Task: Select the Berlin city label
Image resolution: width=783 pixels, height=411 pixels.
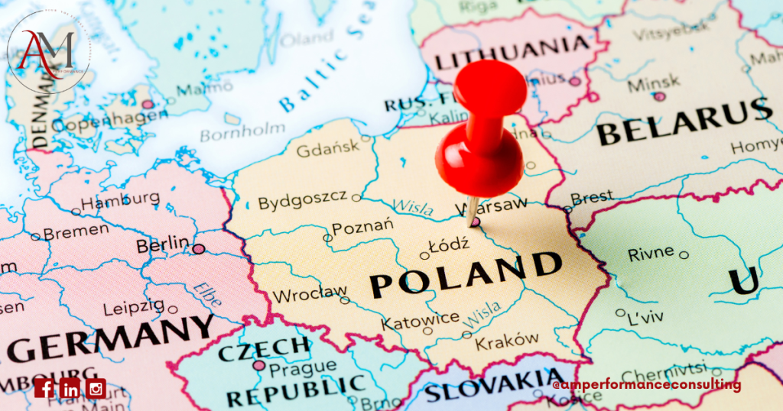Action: click(x=162, y=246)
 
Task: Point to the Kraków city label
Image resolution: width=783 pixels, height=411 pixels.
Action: click(x=507, y=341)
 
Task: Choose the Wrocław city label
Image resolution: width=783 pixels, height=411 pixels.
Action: click(x=310, y=293)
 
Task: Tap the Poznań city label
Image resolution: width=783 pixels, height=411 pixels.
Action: click(x=363, y=227)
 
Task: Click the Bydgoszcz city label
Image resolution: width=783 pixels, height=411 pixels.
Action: click(x=302, y=202)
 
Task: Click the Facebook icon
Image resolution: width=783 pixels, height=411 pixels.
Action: click(x=45, y=388)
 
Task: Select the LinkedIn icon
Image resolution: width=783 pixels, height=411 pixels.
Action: click(x=70, y=388)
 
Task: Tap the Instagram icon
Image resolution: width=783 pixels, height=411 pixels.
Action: click(x=96, y=388)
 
